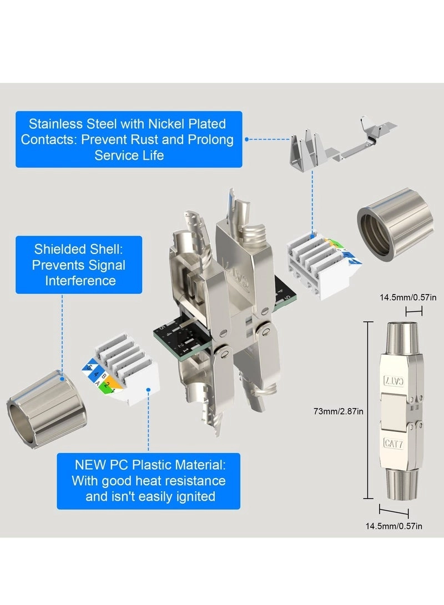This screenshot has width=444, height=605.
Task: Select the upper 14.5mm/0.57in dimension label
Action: tap(408, 297)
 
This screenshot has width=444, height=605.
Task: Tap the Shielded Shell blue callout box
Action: tap(78, 265)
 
